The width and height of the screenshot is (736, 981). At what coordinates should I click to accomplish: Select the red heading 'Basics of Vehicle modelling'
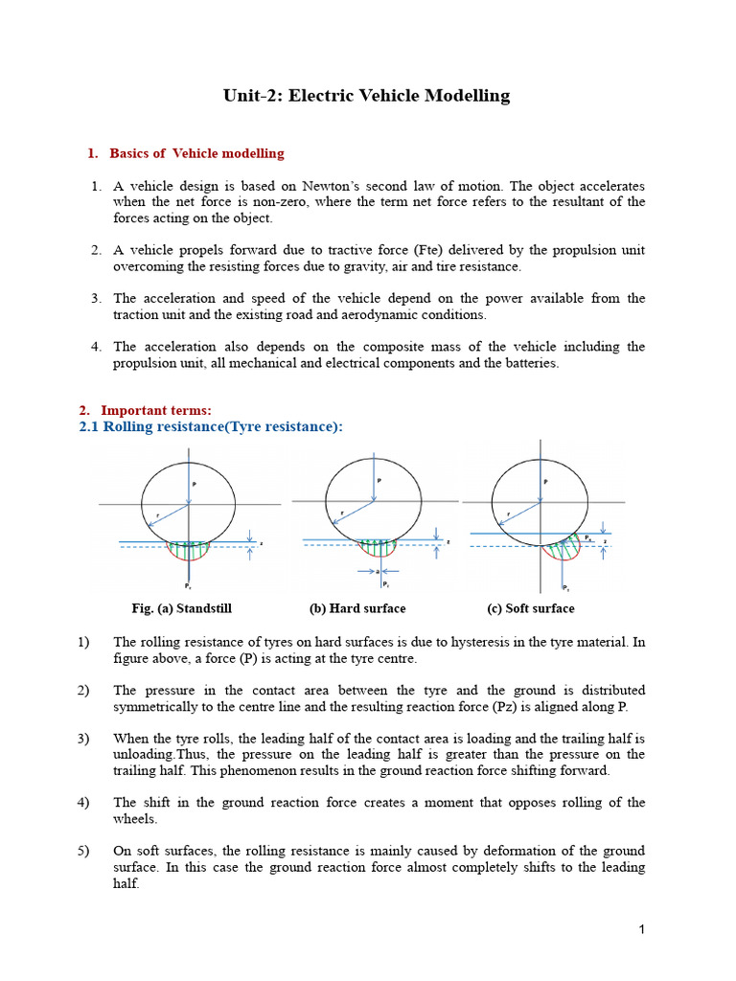(196, 153)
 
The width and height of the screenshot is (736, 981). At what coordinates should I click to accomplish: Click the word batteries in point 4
(527, 363)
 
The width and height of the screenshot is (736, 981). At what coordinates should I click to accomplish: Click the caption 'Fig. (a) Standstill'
(181, 608)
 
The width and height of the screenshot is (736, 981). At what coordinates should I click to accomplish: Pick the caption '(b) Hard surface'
(357, 608)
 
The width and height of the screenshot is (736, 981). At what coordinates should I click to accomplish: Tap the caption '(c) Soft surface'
(531, 608)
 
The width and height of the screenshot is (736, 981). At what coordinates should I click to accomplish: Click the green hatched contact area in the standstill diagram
(188, 551)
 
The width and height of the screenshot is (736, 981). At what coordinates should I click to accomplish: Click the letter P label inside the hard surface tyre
(379, 480)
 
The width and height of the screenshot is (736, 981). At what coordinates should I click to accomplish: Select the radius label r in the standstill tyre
(156, 515)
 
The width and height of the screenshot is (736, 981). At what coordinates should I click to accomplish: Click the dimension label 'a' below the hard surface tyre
(378, 571)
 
